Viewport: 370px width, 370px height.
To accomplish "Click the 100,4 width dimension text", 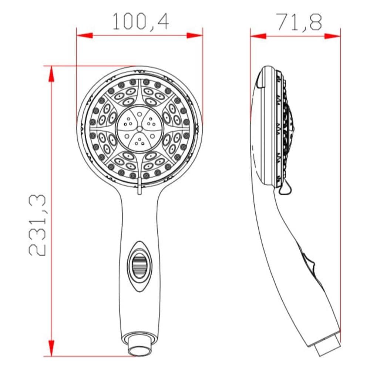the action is (141, 22).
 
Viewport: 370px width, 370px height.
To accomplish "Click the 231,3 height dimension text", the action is (37, 225).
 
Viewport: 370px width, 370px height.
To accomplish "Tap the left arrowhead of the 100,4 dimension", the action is (84, 36).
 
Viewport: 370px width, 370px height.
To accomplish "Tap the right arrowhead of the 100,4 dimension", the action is (195, 36).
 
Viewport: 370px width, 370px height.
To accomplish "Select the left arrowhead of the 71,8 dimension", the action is (258, 36).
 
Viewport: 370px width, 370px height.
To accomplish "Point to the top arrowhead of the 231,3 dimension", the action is (51, 74).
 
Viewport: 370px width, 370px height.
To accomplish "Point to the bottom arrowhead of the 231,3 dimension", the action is (51, 348).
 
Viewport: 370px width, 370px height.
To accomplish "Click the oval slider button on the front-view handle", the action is (139, 266).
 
